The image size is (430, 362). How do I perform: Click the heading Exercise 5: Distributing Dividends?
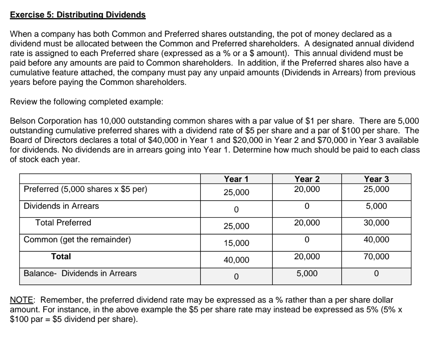(78, 15)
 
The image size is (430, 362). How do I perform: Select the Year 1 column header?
(236, 179)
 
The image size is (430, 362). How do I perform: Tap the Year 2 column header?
(307, 179)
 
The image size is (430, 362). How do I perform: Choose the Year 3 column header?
(376, 179)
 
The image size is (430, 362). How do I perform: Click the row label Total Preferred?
(63, 223)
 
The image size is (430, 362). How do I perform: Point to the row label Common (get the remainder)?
(77, 240)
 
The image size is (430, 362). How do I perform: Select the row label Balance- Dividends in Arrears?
(80, 273)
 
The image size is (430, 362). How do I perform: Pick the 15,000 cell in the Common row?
(236, 243)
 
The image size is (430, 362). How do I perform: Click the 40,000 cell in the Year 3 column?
(376, 240)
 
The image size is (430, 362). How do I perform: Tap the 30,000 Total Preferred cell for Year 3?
(376, 223)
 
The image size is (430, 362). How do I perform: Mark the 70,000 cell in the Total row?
(376, 256)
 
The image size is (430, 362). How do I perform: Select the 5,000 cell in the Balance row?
(307, 273)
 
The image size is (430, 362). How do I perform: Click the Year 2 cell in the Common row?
(307, 240)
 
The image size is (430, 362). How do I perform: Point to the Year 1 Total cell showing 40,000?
(236, 260)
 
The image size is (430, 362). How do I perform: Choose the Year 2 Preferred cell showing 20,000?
(307, 189)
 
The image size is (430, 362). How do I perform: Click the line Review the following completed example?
(86, 102)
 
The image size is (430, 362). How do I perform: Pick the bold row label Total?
(61, 256)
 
